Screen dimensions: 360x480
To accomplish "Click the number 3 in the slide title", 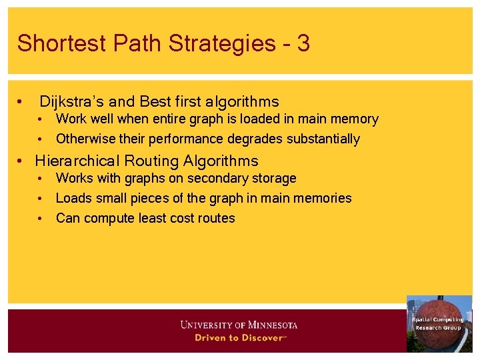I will coord(303,44).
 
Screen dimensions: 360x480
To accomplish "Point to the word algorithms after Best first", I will coord(242,102).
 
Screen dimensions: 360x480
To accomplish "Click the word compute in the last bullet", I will coord(107,218).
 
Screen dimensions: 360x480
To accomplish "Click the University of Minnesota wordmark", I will coord(239,325).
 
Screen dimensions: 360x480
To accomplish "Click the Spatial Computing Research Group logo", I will coord(439,323).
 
